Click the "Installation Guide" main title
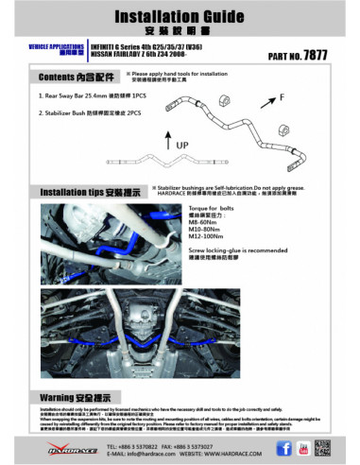tap(180, 16)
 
